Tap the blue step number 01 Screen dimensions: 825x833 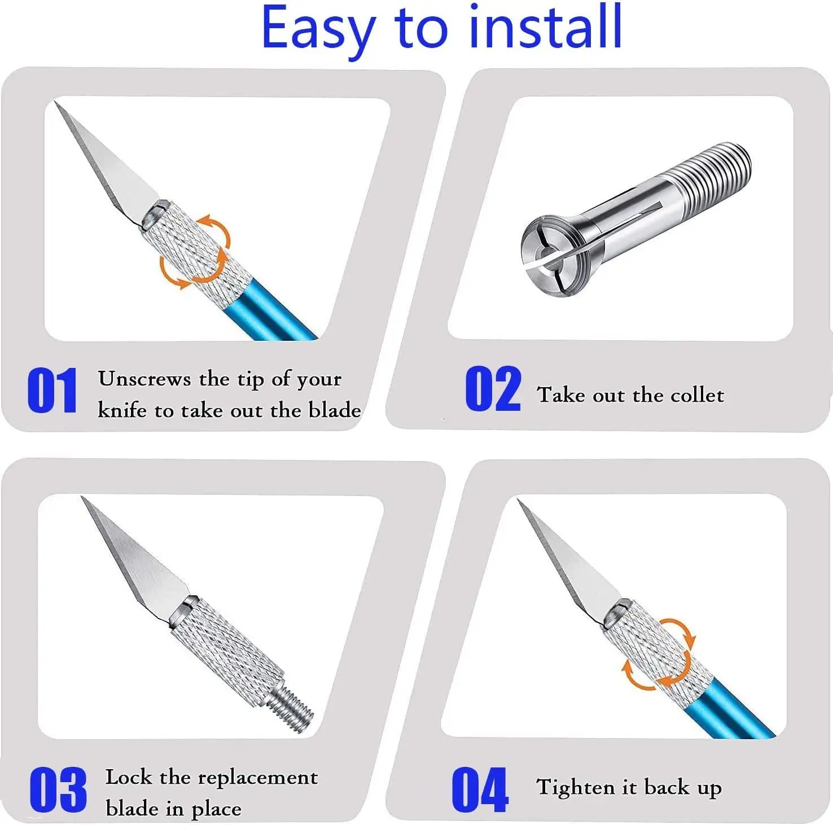pyautogui.click(x=52, y=390)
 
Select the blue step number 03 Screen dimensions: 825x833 pyautogui.click(x=58, y=789)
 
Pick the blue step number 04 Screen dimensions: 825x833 pyautogui.click(x=480, y=789)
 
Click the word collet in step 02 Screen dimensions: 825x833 pyautogui.click(x=697, y=395)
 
